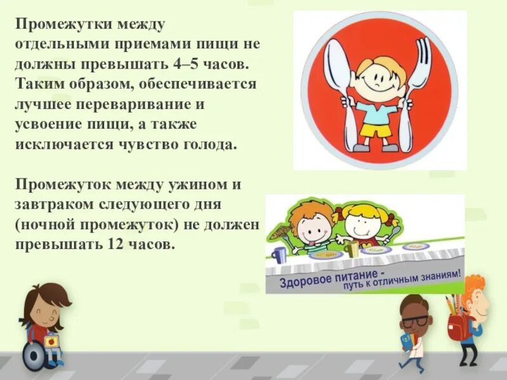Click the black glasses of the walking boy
point(416,320)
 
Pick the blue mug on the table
point(278,254)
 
